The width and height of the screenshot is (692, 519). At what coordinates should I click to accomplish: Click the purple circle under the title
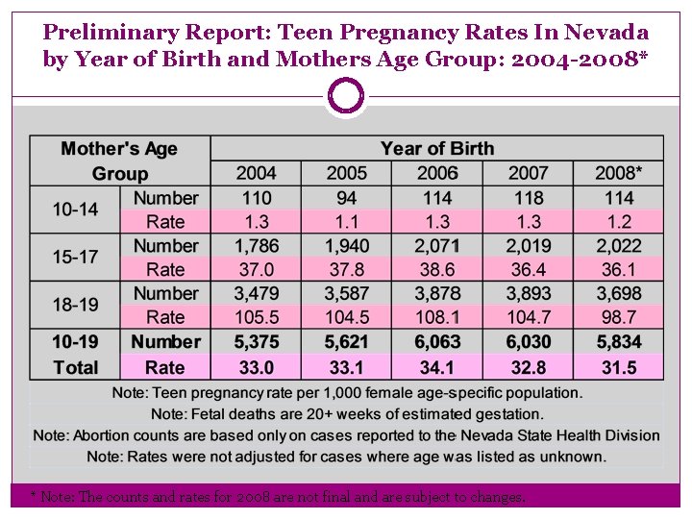click(346, 96)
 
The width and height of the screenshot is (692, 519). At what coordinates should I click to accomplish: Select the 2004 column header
click(256, 173)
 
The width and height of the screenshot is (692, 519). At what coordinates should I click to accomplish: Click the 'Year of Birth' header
click(437, 148)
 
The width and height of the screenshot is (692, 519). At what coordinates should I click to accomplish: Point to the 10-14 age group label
click(75, 210)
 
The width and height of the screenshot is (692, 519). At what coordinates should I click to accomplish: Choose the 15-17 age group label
click(75, 258)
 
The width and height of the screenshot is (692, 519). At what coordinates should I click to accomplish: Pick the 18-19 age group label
click(75, 305)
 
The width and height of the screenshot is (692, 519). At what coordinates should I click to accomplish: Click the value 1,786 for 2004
click(256, 246)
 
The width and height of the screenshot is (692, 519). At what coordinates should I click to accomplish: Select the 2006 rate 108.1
click(437, 317)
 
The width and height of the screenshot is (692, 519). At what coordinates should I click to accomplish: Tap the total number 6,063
click(437, 342)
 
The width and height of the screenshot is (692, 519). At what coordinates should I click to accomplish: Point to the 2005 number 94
click(347, 198)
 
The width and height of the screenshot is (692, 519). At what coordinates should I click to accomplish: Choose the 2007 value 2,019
click(528, 246)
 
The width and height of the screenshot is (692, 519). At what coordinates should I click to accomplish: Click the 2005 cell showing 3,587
click(347, 293)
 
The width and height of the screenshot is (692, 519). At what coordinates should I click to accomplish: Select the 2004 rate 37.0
click(256, 270)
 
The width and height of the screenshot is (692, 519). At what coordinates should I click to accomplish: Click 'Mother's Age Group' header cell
click(120, 161)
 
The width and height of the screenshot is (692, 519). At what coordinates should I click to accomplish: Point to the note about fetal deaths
click(347, 414)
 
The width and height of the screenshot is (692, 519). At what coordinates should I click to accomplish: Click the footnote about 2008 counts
click(279, 497)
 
